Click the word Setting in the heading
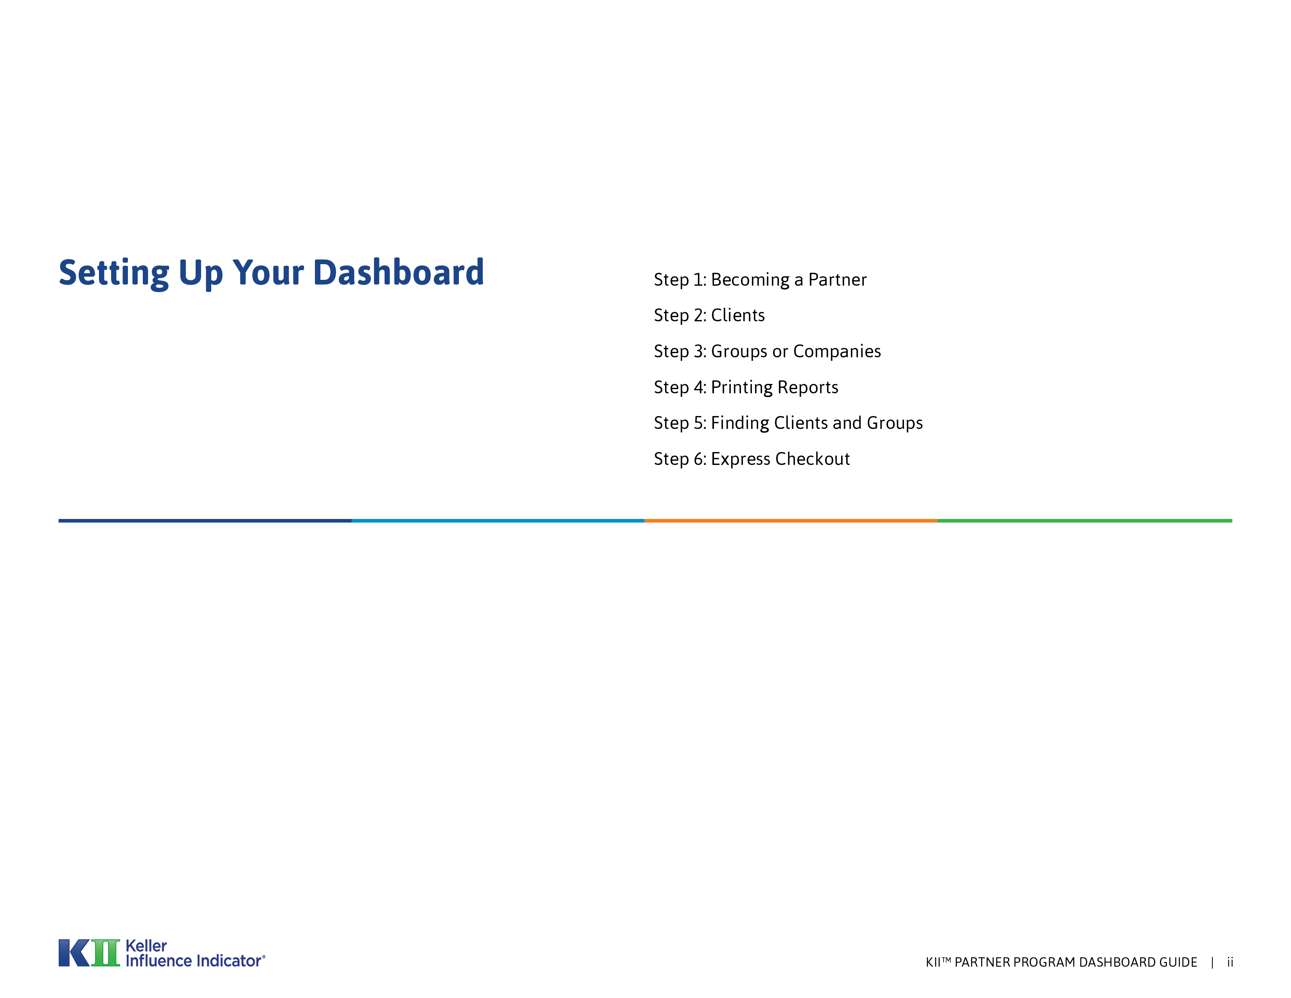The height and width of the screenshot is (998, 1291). (x=113, y=274)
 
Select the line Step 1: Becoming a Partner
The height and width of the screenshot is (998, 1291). (x=760, y=280)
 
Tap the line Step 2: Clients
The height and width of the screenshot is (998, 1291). (x=709, y=315)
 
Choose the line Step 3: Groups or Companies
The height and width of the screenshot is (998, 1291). (x=767, y=351)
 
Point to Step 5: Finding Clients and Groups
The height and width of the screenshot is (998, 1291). (x=788, y=423)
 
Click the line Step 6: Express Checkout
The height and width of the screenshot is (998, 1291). (x=751, y=459)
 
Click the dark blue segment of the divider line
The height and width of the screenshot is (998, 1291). (x=205, y=521)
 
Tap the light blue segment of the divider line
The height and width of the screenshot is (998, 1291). (x=498, y=521)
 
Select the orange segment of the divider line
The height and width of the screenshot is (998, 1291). (x=791, y=521)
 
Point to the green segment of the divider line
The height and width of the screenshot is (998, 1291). (x=1085, y=521)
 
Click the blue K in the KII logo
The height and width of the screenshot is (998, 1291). (x=74, y=953)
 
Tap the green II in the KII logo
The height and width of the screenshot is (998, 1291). (x=106, y=953)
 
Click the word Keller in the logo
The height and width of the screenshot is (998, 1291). (x=146, y=946)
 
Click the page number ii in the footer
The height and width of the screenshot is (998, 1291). (x=1230, y=962)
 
